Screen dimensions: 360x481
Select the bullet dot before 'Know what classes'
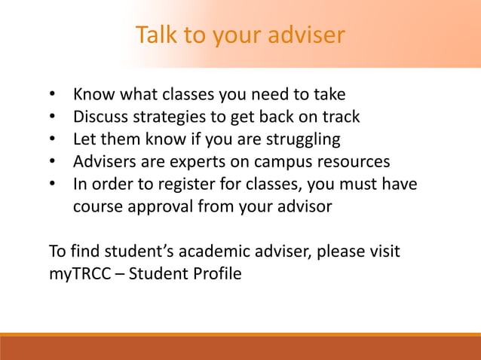53,96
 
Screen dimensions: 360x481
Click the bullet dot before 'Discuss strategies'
53,117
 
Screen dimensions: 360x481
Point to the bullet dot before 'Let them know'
53,140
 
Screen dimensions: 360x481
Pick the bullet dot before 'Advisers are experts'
53,162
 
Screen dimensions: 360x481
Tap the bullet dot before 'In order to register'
53,185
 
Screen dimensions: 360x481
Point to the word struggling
299,140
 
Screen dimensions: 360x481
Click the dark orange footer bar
240,349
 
